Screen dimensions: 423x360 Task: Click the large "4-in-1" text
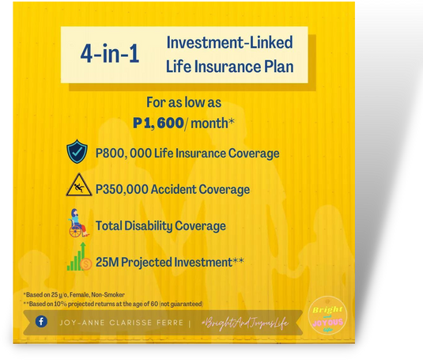tap(110, 54)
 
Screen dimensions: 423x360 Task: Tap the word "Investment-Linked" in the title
tap(229, 43)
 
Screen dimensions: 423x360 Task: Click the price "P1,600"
tap(158, 123)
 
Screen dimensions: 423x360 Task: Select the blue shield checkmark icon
tap(77, 151)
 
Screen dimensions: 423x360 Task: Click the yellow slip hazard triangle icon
tap(79, 185)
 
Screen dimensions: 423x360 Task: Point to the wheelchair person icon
tap(78, 223)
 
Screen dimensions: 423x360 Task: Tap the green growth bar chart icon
tap(80, 256)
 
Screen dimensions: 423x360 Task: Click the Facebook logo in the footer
tap(41, 321)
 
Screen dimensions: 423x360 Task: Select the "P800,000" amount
tap(123, 153)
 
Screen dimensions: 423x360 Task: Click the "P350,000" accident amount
tap(122, 189)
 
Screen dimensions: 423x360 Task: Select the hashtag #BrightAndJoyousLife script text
tap(245, 323)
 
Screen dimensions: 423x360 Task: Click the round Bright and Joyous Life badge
tap(327, 315)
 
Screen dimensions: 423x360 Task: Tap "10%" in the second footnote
tap(60, 304)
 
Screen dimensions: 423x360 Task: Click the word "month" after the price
tap(209, 123)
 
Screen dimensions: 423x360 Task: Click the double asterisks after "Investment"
tap(238, 260)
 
